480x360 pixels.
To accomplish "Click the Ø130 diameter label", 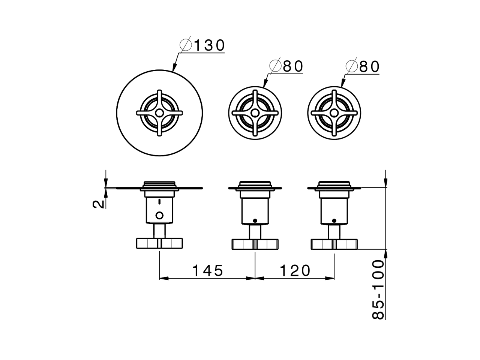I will click(202, 45).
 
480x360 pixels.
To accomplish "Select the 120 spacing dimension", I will click(295, 270).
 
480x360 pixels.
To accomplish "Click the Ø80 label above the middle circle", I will click(286, 66).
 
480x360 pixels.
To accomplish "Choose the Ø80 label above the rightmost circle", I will click(363, 67).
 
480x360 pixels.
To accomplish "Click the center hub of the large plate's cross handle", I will click(159, 112).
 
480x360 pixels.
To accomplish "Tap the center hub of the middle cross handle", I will click(255, 112).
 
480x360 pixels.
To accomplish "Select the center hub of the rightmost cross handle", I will click(334, 112).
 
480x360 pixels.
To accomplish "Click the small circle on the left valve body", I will click(160, 215).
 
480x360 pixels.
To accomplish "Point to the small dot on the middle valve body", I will click(255, 220).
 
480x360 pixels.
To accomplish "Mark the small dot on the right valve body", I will click(334, 220).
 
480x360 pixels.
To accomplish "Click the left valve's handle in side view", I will click(160, 243).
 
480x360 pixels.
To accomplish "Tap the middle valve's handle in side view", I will click(255, 244).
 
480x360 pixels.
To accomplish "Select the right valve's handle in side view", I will click(334, 244).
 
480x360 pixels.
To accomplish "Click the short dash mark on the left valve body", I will click(160, 202).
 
